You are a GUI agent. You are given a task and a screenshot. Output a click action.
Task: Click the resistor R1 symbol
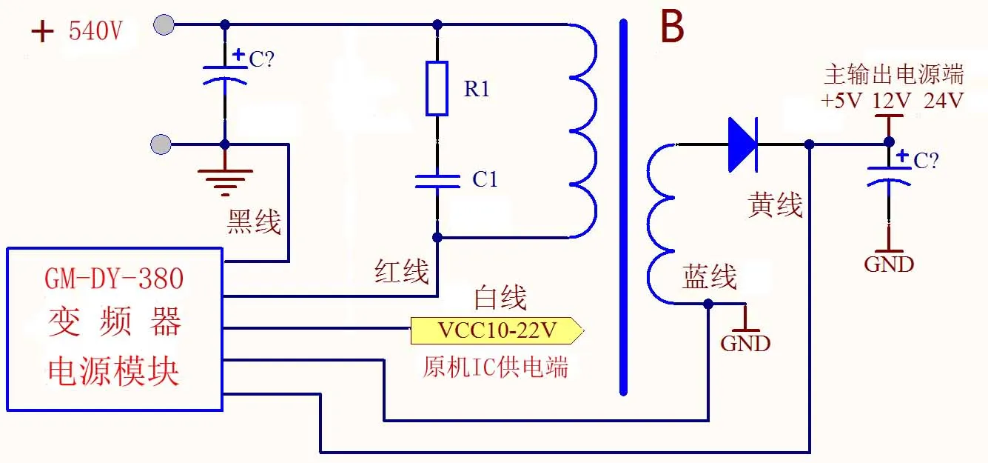[437, 89]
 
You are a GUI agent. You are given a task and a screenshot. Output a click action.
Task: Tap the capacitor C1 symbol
[437, 181]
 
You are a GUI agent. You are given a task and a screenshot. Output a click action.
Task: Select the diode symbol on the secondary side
[742, 144]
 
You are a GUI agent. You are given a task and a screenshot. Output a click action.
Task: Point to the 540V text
[94, 32]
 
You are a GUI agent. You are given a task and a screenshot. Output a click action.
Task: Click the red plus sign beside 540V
[43, 32]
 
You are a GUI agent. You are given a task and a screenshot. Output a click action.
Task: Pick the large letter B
[672, 28]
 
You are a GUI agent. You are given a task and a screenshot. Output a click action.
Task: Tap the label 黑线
[254, 221]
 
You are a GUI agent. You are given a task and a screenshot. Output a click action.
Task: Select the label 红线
[402, 272]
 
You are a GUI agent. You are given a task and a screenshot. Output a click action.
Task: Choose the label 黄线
[775, 205]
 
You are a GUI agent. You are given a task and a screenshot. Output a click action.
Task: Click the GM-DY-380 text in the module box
[114, 279]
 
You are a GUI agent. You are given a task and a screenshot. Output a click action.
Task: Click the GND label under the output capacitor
[889, 264]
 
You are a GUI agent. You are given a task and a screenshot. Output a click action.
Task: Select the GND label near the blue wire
[745, 343]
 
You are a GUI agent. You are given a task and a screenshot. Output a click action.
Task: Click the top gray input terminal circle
[164, 24]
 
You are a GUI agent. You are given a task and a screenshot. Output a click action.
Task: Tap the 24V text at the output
[944, 100]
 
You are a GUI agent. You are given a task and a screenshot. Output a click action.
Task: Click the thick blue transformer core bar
[623, 207]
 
